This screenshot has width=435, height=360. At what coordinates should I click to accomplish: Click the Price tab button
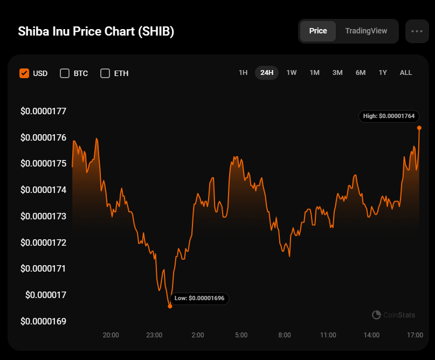pos(318,31)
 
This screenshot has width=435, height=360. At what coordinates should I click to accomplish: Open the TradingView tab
pos(366,31)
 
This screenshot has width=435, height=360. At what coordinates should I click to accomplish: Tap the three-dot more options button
pos(417,31)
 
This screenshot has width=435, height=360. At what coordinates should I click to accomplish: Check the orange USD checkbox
pos(24,73)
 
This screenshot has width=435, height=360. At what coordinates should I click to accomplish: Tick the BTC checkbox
pos(65,73)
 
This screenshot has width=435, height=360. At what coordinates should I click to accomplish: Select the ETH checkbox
pos(105,73)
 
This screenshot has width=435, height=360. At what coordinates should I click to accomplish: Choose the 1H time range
pos(243,73)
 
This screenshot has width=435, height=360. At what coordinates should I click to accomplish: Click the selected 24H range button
pos(267,73)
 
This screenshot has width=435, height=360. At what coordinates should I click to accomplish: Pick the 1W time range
pos(291,73)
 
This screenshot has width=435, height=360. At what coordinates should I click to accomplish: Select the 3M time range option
pos(337,73)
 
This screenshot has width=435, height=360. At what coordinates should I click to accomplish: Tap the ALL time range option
pos(405,73)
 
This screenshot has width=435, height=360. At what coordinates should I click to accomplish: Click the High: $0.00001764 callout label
pos(389,116)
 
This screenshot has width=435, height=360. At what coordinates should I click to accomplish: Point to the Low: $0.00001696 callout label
pos(199,299)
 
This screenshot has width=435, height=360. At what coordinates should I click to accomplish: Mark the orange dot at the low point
pos(170,306)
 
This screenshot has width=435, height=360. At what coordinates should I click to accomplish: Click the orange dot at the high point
pos(419,128)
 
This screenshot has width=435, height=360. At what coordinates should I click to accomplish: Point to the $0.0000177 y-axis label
pos(43,111)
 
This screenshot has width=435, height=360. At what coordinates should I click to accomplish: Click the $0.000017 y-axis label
pos(46,295)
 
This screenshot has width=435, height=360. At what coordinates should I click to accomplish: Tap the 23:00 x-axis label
pos(154,335)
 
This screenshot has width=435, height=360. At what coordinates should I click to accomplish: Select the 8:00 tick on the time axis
pos(285,335)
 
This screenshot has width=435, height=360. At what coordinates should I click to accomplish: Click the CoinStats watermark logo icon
pos(376,315)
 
